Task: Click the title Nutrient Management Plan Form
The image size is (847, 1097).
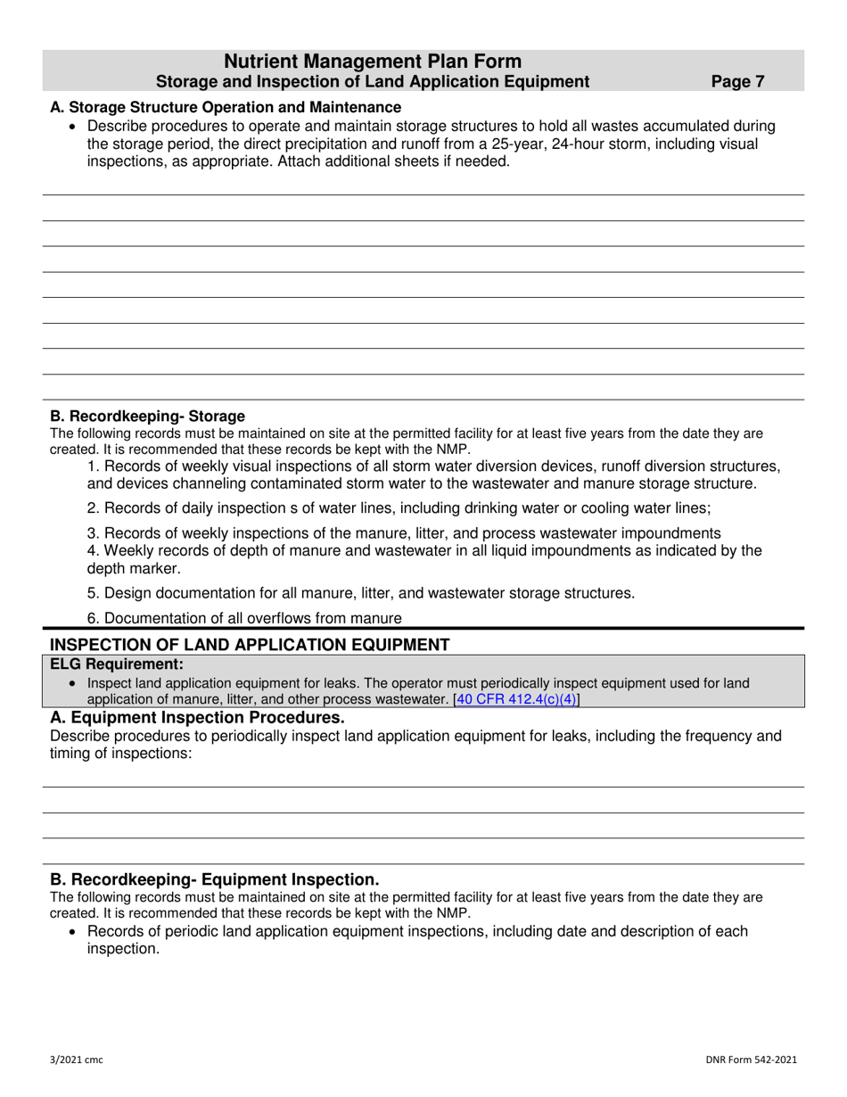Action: pos(373,62)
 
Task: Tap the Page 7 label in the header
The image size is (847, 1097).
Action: pos(737,82)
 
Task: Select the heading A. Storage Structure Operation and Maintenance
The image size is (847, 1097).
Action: pos(226,107)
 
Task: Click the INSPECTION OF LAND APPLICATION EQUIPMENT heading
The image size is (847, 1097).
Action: pos(250,645)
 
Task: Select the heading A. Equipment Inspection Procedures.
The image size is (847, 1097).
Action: pos(197,718)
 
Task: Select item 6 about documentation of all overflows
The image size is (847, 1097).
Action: pos(244,618)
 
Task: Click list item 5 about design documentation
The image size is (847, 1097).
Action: pos(361,592)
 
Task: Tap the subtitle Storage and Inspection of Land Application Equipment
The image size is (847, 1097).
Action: pos(373,82)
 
